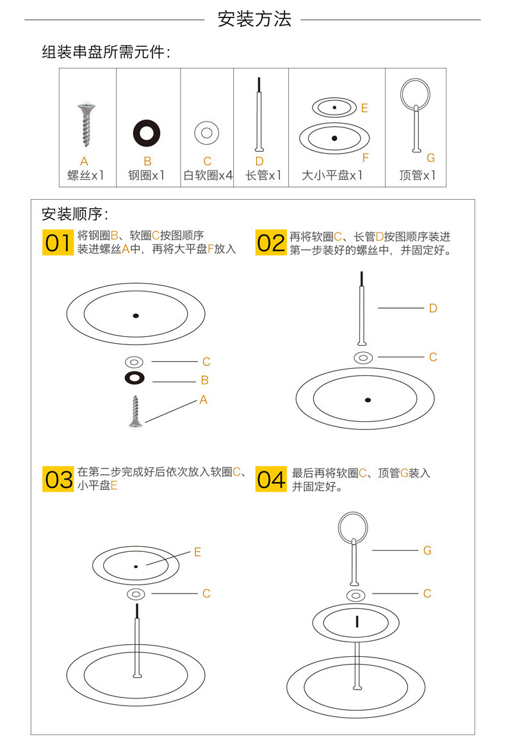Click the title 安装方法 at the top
click(254, 19)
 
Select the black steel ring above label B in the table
click(147, 133)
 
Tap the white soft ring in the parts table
click(207, 133)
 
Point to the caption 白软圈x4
click(208, 175)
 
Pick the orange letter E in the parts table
click(364, 108)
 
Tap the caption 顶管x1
click(417, 175)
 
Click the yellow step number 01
click(58, 243)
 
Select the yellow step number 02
click(270, 243)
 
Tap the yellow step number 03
click(58, 479)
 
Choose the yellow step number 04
click(270, 479)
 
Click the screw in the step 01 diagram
click(135, 410)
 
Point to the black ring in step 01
click(135, 378)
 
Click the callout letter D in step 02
click(433, 309)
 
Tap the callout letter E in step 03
click(197, 552)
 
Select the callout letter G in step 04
click(427, 550)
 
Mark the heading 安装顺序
click(75, 214)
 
